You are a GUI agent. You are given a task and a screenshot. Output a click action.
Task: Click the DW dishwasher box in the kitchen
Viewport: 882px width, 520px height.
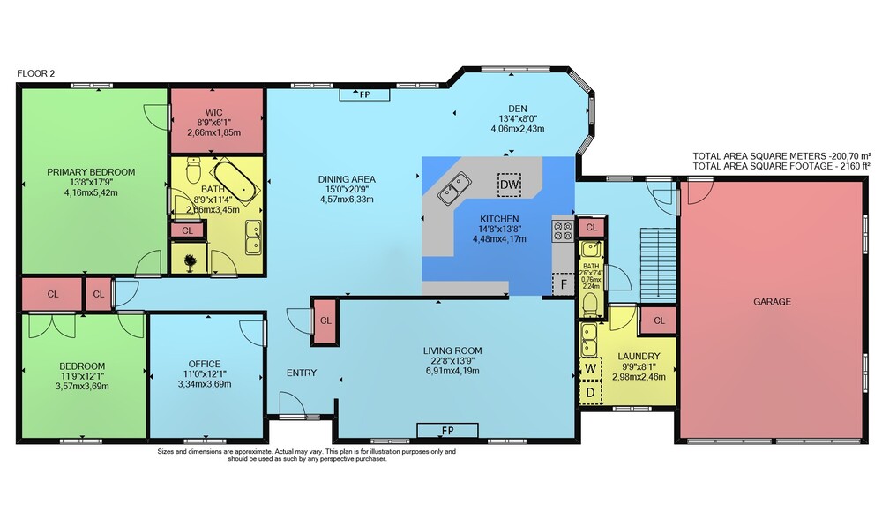point(509,185)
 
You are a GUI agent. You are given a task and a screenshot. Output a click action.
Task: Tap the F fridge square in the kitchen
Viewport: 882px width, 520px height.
point(563,283)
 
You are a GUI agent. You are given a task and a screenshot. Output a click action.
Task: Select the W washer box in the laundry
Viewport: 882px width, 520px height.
point(591,369)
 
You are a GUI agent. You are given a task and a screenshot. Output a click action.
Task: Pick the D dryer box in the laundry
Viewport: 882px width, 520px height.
point(591,392)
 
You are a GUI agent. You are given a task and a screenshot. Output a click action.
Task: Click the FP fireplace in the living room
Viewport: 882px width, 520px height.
point(448,431)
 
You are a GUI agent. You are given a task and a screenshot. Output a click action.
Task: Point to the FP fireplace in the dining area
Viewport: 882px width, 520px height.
point(364,94)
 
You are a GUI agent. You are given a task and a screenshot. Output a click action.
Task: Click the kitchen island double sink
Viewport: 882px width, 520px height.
point(454,189)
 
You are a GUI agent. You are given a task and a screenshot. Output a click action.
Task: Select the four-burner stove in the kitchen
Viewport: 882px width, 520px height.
point(563,230)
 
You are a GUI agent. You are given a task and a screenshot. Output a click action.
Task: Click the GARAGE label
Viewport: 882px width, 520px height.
point(772,302)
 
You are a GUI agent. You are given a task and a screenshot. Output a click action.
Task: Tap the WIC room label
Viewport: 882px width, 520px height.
point(213,112)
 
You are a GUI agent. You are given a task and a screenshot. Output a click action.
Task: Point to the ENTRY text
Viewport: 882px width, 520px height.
point(302,373)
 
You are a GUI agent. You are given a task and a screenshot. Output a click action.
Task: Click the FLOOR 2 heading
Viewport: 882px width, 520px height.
point(36,73)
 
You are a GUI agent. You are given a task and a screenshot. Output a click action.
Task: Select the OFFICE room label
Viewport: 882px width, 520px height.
point(205,364)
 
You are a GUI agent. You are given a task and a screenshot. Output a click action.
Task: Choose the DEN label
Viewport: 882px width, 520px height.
point(518,109)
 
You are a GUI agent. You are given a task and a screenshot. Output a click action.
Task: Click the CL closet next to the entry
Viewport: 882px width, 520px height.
point(325,320)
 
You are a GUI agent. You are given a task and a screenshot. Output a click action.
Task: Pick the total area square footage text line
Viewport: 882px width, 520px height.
point(781,166)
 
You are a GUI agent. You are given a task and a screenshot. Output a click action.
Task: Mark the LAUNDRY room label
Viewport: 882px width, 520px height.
point(639,357)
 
